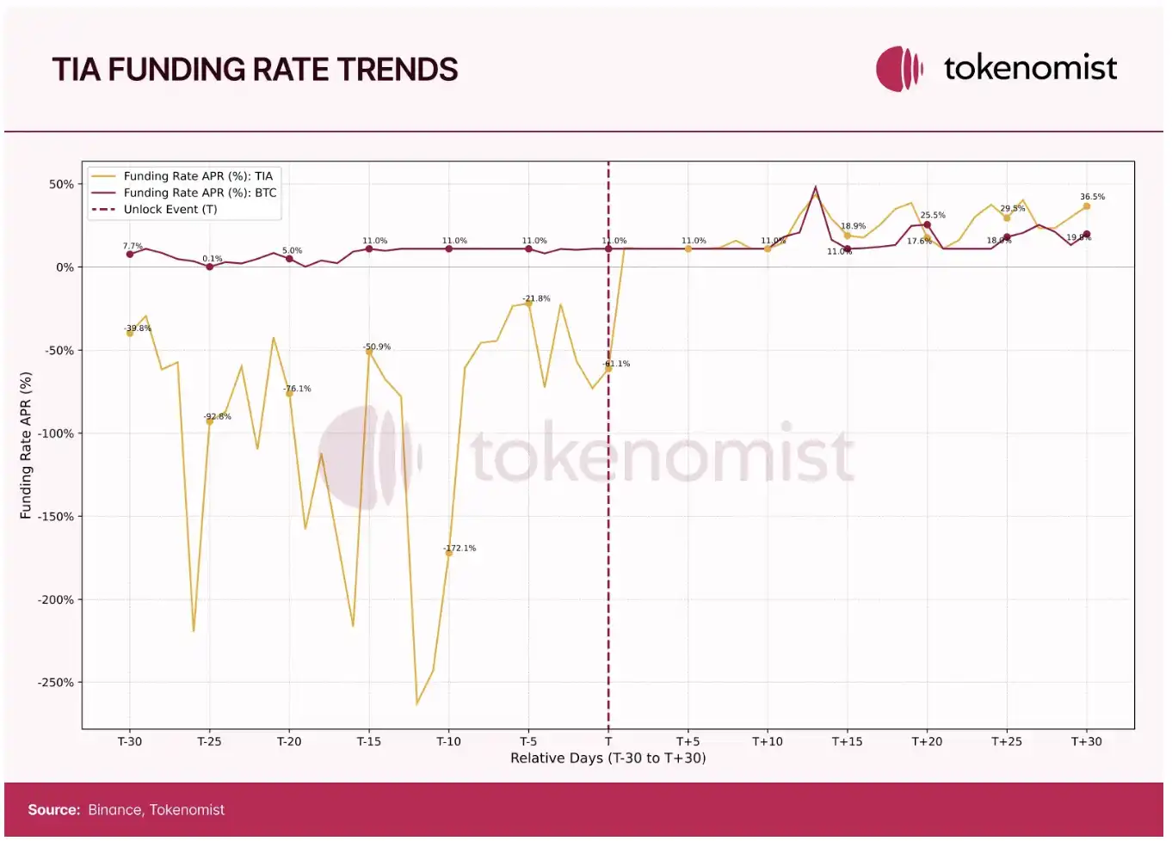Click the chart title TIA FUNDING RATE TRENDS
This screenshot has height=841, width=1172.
point(255,70)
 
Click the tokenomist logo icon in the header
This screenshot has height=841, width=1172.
point(899,69)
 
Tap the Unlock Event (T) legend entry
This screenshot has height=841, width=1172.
point(170,209)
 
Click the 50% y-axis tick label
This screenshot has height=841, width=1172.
point(61,184)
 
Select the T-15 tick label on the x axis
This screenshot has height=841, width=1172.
point(368,741)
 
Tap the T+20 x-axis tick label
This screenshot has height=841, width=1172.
point(927,741)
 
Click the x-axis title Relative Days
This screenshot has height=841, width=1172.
point(608,758)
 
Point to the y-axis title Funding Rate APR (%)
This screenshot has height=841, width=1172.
point(26,445)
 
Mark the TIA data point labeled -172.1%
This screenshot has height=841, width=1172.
point(448,553)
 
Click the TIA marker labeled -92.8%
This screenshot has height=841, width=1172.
point(209,421)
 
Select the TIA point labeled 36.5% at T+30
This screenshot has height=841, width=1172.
point(1086,206)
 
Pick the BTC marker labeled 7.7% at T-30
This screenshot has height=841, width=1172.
point(130,255)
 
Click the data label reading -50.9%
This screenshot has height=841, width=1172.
point(376,347)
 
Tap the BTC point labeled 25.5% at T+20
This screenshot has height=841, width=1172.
point(927,225)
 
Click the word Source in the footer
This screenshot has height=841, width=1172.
point(53,810)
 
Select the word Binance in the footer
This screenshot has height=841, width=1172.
point(114,810)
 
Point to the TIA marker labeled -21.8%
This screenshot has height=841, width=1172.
point(528,304)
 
